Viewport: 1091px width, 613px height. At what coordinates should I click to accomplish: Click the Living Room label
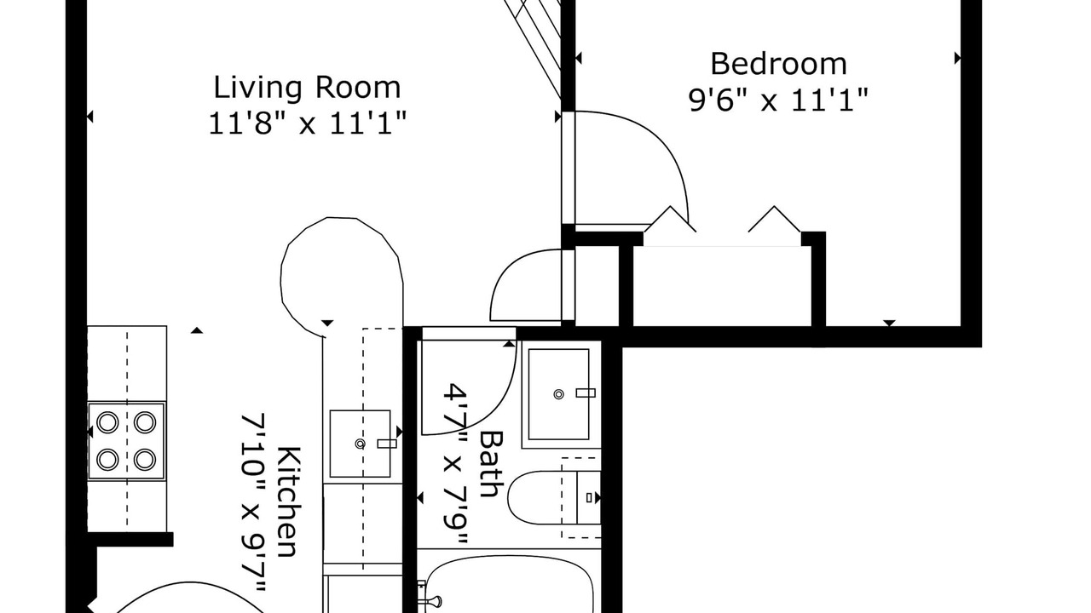tap(308, 88)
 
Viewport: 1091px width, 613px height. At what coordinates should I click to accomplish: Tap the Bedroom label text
tap(778, 64)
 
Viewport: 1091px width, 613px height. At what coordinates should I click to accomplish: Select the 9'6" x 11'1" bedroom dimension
tap(778, 100)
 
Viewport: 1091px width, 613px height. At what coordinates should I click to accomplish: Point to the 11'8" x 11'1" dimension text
tap(308, 123)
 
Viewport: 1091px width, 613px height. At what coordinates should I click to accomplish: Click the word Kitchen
tap(289, 501)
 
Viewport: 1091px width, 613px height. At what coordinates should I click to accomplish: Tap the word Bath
tap(491, 464)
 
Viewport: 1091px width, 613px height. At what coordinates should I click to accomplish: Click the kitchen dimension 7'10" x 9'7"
tap(254, 502)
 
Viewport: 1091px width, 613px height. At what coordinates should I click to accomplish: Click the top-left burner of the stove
tap(107, 422)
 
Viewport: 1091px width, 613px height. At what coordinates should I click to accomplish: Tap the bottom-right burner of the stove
tap(145, 459)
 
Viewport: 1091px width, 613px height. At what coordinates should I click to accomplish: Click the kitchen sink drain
tap(360, 444)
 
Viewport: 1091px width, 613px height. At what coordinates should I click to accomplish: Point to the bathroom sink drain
tap(558, 394)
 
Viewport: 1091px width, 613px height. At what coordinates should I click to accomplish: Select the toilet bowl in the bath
tap(541, 497)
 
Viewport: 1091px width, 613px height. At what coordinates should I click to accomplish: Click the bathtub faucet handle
tap(431, 602)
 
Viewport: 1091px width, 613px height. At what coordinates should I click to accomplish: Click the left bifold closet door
tap(670, 219)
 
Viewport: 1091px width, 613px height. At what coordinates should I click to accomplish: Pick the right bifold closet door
tap(775, 219)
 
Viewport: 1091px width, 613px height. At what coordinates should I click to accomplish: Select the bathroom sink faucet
tap(586, 393)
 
